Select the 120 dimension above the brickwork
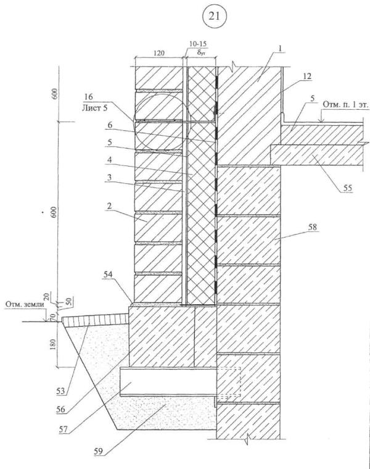tap(160, 54)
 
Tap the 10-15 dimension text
tap(199, 46)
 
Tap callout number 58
tap(314, 228)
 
